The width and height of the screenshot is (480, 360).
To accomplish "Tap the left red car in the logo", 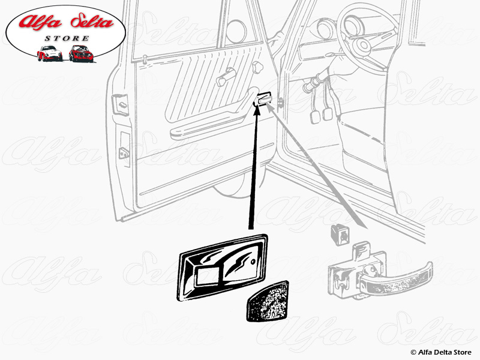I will pos(49,53).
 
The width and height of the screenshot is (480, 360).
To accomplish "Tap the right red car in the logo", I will pos(81,53).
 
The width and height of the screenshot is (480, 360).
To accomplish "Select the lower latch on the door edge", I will pos(124,153).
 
